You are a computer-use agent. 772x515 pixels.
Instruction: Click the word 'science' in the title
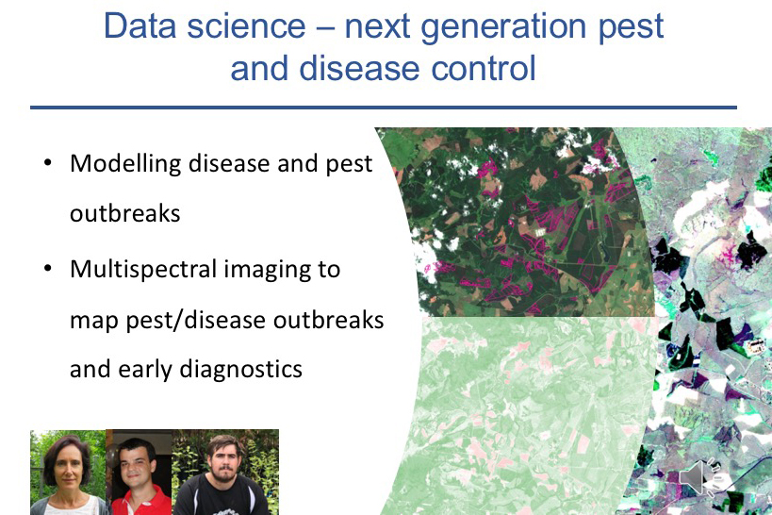[246, 25]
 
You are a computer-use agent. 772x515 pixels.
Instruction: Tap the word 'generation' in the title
[503, 28]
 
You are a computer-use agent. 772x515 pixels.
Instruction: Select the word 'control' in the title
[484, 68]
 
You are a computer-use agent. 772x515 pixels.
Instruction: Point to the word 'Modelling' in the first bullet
[125, 164]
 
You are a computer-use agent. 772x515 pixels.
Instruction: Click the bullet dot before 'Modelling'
[47, 162]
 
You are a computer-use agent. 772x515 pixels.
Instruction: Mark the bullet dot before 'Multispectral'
[47, 268]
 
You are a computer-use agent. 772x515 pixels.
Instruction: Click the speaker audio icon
[700, 477]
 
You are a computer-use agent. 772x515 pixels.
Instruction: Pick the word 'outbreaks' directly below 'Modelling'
[125, 214]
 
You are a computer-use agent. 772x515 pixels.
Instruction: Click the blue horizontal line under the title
[384, 107]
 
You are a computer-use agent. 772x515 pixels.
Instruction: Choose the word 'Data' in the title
[140, 25]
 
